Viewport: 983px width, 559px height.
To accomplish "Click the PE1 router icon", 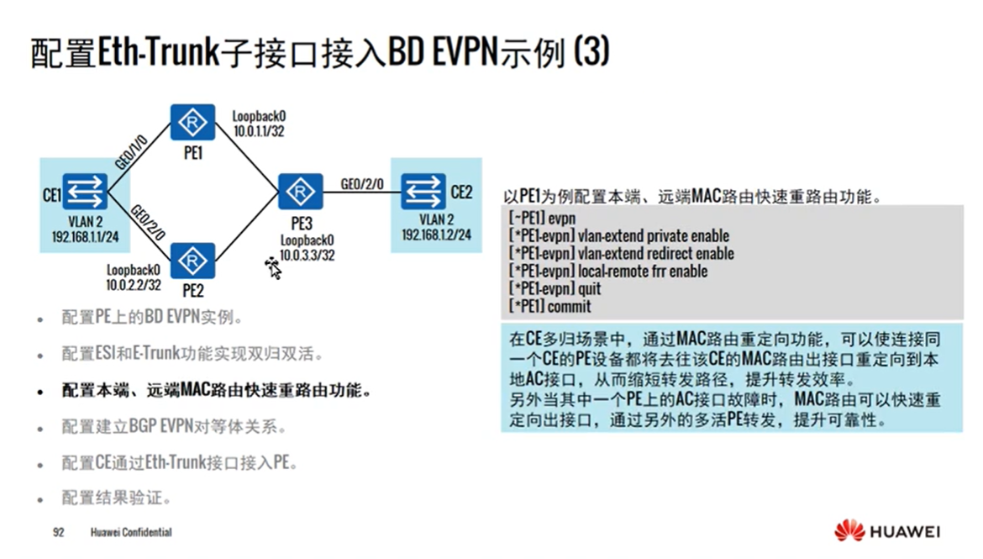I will click(x=192, y=123).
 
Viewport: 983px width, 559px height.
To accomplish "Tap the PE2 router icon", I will click(x=192, y=261).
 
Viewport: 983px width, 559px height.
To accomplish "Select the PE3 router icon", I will click(x=300, y=192).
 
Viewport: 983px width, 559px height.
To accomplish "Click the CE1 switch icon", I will click(x=85, y=192).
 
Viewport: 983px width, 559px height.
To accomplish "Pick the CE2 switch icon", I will click(x=423, y=192).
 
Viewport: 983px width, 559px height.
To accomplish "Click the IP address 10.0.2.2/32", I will click(x=134, y=285).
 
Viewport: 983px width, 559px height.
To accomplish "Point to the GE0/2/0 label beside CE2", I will click(x=362, y=183).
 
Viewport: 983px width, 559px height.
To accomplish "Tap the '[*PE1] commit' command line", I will click(x=549, y=307).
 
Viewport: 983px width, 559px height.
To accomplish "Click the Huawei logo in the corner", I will click(x=887, y=531).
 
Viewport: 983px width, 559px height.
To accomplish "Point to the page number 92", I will click(x=58, y=532).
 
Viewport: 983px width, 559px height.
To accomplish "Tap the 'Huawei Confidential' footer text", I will click(x=131, y=532).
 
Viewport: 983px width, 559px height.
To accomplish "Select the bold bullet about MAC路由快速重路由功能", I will click(x=216, y=391).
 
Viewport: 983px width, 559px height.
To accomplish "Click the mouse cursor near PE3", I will click(x=272, y=268).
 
